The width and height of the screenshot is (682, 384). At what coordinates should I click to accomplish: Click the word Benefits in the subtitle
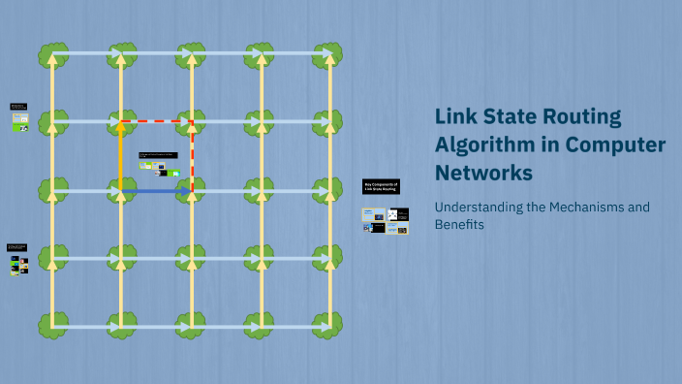click(x=458, y=225)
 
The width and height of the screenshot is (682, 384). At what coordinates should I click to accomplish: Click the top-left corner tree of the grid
click(x=52, y=54)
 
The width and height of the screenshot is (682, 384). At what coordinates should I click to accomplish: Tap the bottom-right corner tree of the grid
click(x=327, y=324)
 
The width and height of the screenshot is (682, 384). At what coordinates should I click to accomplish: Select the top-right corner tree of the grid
click(x=327, y=54)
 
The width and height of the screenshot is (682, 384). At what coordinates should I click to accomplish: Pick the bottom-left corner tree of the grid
click(x=52, y=324)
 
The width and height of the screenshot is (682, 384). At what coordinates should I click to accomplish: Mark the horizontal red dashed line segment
click(x=156, y=121)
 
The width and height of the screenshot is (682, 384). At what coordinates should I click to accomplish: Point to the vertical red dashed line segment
click(x=192, y=156)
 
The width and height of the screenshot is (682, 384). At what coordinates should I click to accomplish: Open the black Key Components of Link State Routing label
click(x=381, y=186)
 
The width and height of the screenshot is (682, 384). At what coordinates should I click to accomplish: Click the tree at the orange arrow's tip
click(x=121, y=121)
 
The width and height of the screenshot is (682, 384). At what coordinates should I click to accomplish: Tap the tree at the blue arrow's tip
click(x=192, y=191)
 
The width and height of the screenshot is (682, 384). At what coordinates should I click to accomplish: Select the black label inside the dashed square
click(x=159, y=154)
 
